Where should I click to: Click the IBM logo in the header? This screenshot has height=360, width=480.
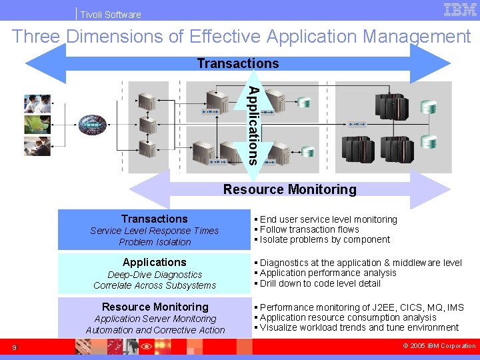(x=459, y=11)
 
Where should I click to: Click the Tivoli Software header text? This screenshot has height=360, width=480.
(x=111, y=14)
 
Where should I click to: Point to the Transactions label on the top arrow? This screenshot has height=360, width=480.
(x=238, y=64)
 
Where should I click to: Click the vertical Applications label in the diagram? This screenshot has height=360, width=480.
(x=253, y=125)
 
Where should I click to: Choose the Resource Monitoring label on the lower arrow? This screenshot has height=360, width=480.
(x=289, y=189)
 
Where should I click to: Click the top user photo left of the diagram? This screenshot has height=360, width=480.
(x=37, y=103)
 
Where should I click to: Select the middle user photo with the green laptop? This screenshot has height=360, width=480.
(x=37, y=125)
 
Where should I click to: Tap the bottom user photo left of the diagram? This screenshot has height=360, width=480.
(x=37, y=147)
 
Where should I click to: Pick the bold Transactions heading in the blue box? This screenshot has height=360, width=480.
(x=155, y=219)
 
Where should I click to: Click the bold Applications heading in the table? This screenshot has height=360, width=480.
(x=155, y=262)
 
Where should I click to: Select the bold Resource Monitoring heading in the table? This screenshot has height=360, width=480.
(x=155, y=307)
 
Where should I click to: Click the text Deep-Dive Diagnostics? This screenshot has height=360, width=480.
(x=155, y=275)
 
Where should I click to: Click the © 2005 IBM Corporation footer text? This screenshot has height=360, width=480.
(x=440, y=346)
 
